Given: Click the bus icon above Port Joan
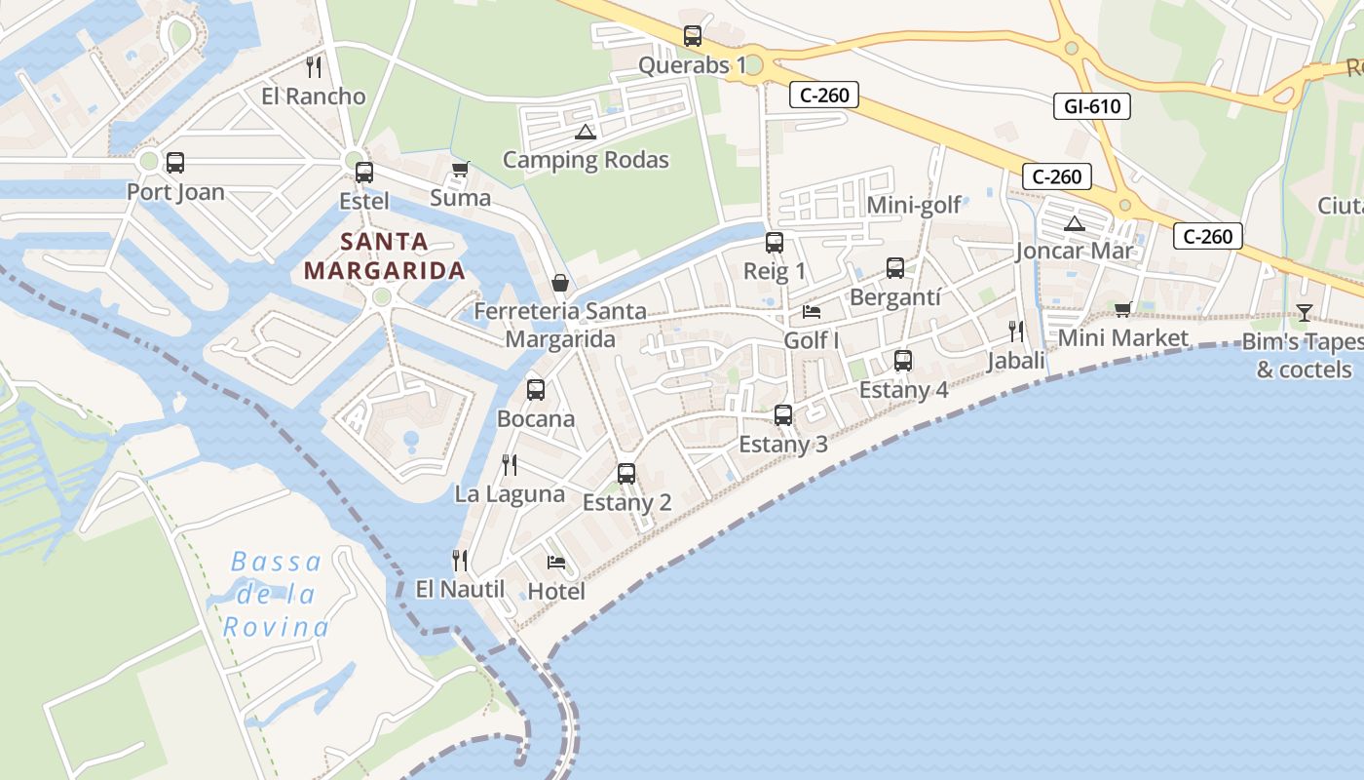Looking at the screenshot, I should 175,163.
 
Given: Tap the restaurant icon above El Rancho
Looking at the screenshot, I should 314,67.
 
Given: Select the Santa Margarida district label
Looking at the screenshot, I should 384,256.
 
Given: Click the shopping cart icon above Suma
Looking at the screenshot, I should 461,170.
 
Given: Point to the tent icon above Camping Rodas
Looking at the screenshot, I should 585,132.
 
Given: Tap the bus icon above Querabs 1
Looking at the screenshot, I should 693,37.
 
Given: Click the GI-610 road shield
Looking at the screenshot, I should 1091,105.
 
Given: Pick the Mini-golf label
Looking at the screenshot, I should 914,205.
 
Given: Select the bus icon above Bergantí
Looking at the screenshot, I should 895,268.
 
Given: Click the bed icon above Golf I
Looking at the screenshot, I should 812,312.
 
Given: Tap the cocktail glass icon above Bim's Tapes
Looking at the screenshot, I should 1304,313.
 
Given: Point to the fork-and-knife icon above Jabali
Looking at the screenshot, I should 1016,331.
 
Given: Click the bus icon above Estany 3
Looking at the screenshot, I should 783,415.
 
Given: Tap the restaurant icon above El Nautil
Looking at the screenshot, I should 460,561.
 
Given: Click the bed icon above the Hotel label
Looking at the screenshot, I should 556,563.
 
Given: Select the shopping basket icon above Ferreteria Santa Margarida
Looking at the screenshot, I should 560,283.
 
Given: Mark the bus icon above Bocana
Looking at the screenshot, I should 536,390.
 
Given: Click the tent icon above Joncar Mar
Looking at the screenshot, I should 1075,223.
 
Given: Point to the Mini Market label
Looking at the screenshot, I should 1122,338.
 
